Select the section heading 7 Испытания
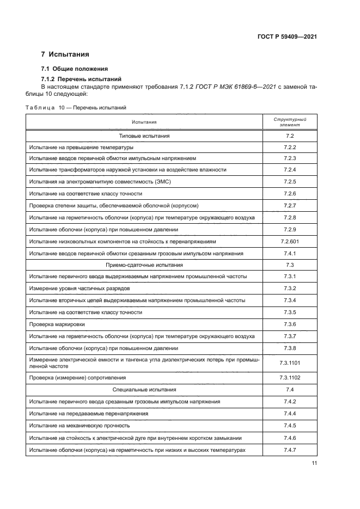[65, 55]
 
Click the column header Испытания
[144, 122]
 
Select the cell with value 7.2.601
[289, 241]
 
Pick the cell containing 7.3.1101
[289, 363]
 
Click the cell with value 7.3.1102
[289, 377]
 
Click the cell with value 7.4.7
[289, 450]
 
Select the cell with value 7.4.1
[289, 254]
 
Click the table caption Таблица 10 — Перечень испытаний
[76, 108]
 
